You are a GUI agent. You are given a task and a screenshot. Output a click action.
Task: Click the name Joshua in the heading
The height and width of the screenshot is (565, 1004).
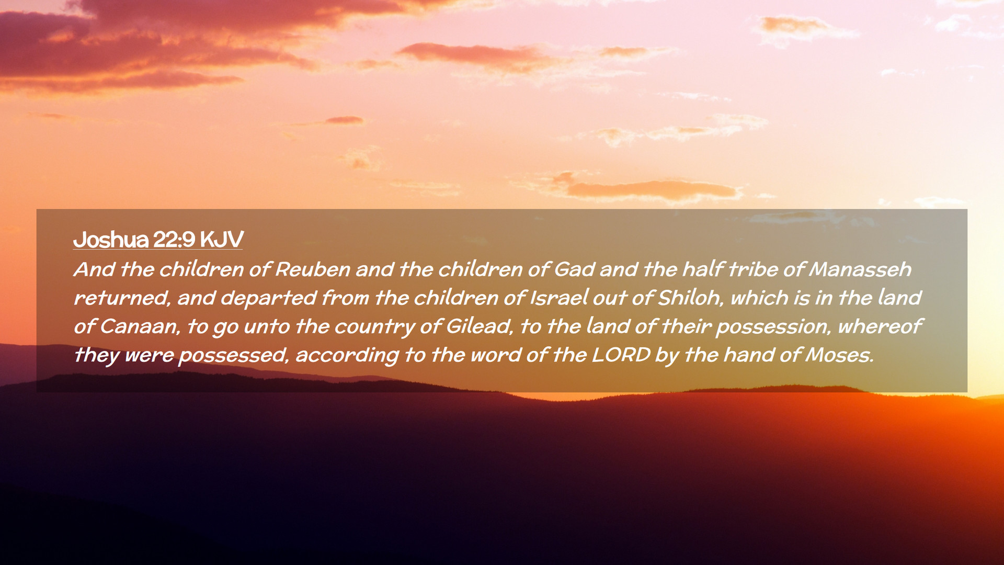point(111,240)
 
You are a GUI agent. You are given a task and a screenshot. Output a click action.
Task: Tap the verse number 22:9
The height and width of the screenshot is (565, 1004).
point(174,240)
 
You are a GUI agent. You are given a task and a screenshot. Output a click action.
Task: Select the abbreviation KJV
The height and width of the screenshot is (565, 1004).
point(222,240)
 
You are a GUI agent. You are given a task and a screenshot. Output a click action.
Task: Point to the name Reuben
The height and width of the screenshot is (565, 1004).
point(313,269)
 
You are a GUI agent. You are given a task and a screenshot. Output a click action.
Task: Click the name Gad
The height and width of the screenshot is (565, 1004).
point(574,269)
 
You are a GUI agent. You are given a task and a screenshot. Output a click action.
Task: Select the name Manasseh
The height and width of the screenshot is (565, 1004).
point(860,269)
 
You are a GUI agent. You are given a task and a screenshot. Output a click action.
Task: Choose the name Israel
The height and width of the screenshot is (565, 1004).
point(558,298)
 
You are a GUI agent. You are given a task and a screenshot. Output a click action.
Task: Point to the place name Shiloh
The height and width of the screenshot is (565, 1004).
point(690,298)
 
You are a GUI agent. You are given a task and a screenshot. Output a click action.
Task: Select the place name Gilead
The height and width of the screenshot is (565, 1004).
point(478,326)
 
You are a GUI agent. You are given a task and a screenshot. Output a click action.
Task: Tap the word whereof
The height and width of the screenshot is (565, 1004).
point(880,326)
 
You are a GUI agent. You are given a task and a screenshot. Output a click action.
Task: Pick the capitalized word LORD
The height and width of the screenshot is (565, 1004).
point(621,355)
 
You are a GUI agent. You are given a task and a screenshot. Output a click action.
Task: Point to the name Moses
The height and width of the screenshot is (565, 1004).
point(839,355)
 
